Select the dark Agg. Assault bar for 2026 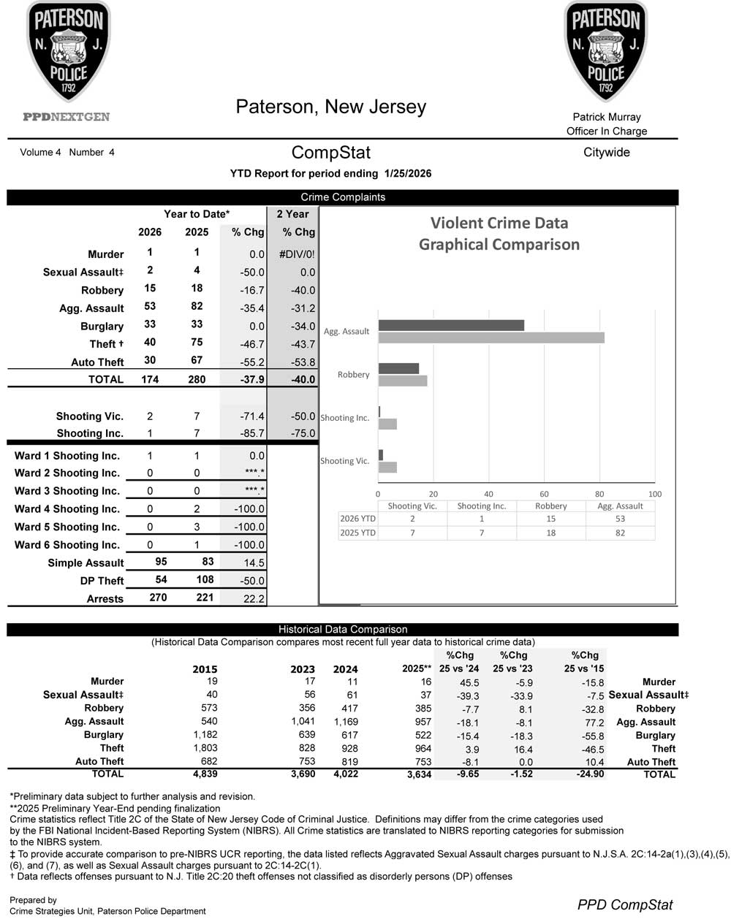[x=451, y=325]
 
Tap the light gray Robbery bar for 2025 [x=403, y=381]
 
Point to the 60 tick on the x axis [x=544, y=494]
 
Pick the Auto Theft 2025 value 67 [x=197, y=360]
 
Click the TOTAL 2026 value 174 [x=150, y=379]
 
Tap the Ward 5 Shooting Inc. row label [x=67, y=527]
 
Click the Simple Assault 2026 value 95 [x=162, y=562]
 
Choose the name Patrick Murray [x=607, y=117]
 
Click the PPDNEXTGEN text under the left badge [x=67, y=117]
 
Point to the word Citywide [x=607, y=153]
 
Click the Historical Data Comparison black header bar [x=343, y=629]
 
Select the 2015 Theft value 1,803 [x=205, y=748]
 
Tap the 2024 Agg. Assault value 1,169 [x=345, y=721]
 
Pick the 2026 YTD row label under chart [x=357, y=519]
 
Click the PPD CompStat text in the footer [x=625, y=904]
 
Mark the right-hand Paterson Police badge [x=606, y=51]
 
